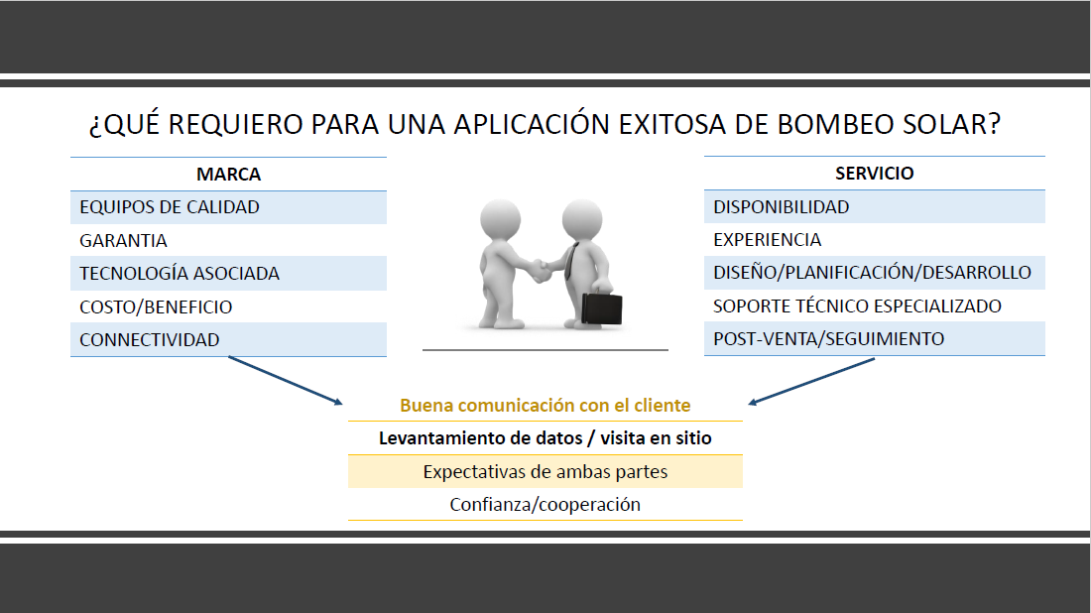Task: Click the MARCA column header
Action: tap(228, 174)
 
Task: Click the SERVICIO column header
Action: tap(875, 174)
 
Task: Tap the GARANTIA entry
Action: tap(123, 241)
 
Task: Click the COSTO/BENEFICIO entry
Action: tap(156, 306)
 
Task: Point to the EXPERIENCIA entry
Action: tap(768, 239)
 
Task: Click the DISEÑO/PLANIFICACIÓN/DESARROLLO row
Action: tap(873, 272)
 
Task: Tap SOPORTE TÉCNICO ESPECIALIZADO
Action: tap(857, 306)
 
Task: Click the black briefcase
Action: tap(602, 308)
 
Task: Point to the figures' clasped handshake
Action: tap(541, 270)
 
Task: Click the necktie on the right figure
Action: tap(570, 261)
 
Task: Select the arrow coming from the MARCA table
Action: tap(286, 380)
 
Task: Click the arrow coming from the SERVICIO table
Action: tap(811, 381)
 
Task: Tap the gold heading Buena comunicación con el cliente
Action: tap(545, 405)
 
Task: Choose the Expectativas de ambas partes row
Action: tap(545, 472)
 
